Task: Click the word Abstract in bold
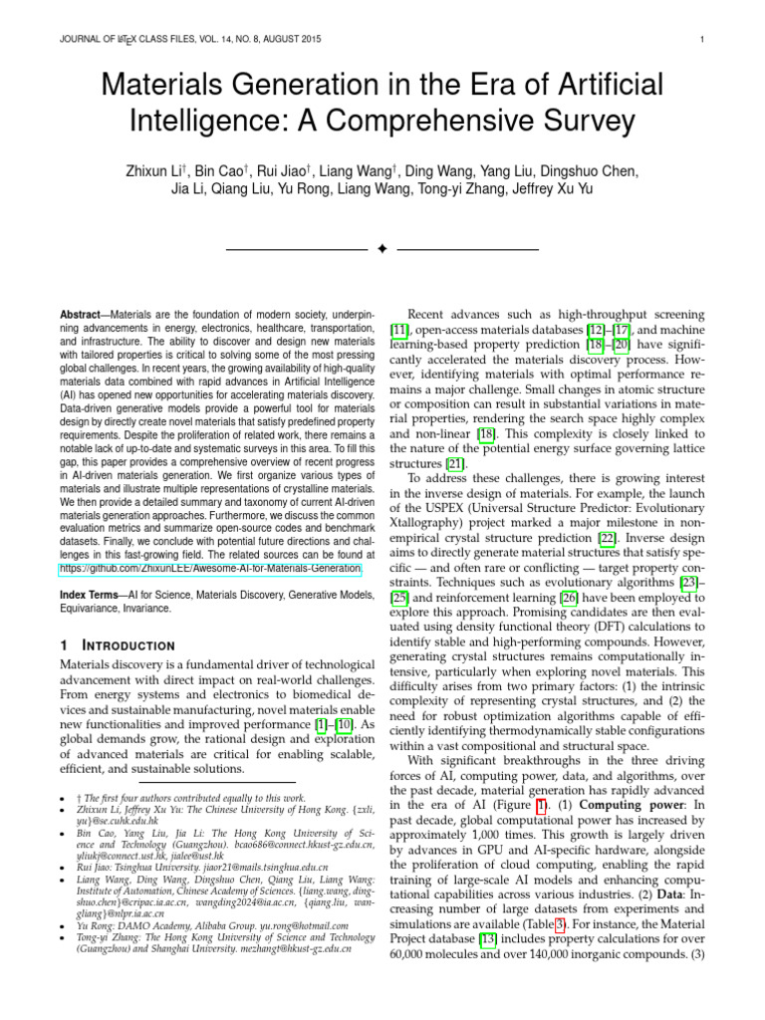[x=82, y=314]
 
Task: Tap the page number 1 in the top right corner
[x=703, y=40]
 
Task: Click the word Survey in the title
[x=577, y=121]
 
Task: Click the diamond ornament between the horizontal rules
[x=382, y=247]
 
